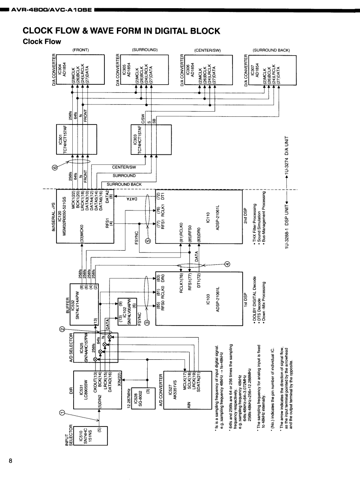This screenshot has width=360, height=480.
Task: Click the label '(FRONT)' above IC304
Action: (x=80, y=50)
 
